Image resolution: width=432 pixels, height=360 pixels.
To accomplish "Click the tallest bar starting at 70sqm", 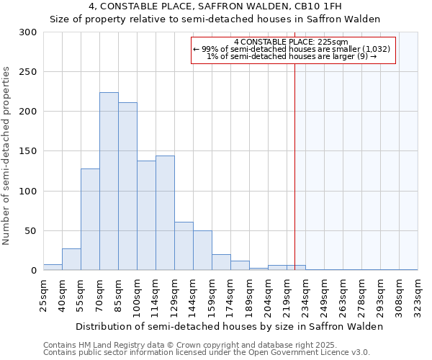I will (x=109, y=181).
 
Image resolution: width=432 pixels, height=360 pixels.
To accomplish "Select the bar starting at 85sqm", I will (x=127, y=186).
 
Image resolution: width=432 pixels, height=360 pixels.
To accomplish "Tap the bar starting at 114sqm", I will (x=165, y=213).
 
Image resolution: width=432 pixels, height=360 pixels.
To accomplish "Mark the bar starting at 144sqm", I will (x=202, y=251).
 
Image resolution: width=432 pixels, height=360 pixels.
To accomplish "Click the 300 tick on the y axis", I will (x=28, y=32).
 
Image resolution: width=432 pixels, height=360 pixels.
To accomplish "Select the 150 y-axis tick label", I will (x=28, y=152).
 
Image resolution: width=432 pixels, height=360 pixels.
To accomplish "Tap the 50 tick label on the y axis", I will (x=30, y=231).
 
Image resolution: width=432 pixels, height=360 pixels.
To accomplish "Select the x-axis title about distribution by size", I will (x=230, y=326).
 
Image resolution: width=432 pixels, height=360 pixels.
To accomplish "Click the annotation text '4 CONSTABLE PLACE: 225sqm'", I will (x=291, y=42).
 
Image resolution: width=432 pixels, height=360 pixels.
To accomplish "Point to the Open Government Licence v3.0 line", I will (x=207, y=353).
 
